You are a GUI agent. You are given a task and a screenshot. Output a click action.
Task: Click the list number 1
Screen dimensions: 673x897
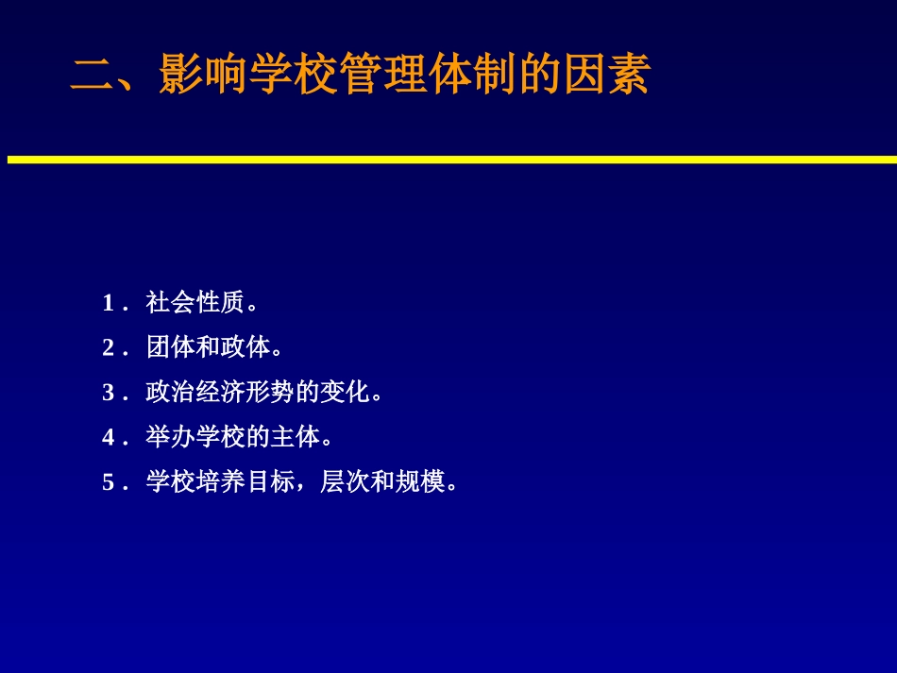point(109,304)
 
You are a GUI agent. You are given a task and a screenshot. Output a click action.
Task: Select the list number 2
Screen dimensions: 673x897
point(109,348)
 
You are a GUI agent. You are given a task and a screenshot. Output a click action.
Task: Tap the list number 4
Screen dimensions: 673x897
point(109,438)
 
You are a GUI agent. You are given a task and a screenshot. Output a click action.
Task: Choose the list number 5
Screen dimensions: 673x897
point(109,483)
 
